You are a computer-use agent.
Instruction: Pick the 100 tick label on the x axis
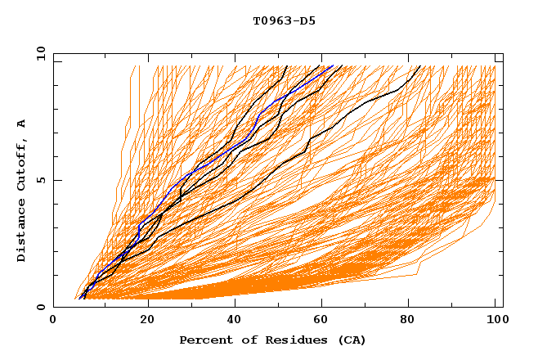pyautogui.click(x=495, y=321)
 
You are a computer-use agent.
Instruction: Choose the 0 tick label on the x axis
pyautogui.click(x=53, y=321)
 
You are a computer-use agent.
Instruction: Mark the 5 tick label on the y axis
pyautogui.click(x=39, y=180)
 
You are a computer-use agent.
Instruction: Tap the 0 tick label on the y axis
pyautogui.click(x=39, y=307)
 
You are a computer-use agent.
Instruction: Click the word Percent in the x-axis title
pyautogui.click(x=204, y=340)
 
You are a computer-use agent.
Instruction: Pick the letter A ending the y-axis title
pyautogui.click(x=21, y=123)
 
